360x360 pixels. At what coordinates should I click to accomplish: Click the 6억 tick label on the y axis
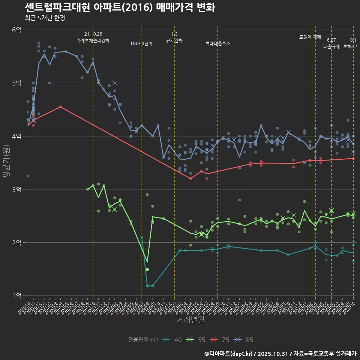click(x=16, y=30)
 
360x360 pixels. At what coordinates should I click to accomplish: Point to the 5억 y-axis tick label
click(x=16, y=83)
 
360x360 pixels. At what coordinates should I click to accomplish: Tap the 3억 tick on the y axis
click(x=16, y=189)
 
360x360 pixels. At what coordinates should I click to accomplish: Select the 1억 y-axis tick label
click(x=16, y=296)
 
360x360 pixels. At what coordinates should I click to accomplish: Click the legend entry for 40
click(x=172, y=340)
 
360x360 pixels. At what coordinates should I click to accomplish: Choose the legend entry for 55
click(x=196, y=340)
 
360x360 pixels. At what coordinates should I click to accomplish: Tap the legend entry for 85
click(x=243, y=340)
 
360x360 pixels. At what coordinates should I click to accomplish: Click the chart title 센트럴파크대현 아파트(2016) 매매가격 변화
click(x=120, y=8)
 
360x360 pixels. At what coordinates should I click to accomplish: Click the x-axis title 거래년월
click(x=190, y=319)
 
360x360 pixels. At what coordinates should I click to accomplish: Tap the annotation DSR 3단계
click(x=142, y=43)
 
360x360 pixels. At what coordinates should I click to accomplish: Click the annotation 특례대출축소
click(x=217, y=43)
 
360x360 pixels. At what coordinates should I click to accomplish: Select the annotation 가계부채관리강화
click(x=93, y=40)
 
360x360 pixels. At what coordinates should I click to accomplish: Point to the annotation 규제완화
click(x=174, y=40)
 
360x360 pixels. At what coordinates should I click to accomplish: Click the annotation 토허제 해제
click(x=310, y=37)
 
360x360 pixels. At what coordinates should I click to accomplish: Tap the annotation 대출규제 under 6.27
click(x=331, y=46)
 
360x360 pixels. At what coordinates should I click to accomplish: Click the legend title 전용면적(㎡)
click(x=142, y=340)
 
